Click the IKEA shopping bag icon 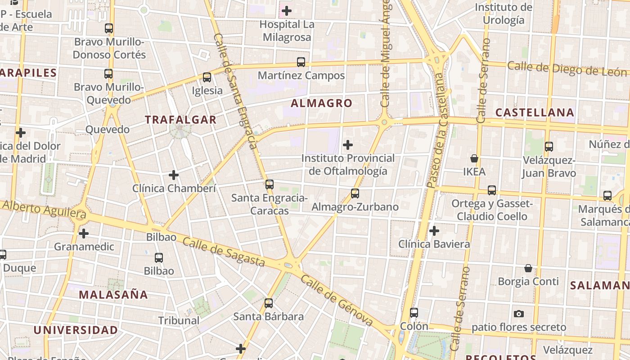474,158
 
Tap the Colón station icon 414,312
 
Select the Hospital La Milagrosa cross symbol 286,10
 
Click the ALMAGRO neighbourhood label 321,103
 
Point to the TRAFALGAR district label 180,120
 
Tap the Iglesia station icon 207,77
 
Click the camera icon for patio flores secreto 518,314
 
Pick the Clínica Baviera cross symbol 434,231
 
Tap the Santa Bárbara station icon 269,303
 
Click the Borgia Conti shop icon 528,269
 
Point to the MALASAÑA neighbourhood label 113,295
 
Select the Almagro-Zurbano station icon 355,193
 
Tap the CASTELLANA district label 535,112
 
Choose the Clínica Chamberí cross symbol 174,175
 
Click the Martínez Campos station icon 301,62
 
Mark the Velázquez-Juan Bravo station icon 549,147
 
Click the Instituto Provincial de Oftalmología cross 348,145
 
